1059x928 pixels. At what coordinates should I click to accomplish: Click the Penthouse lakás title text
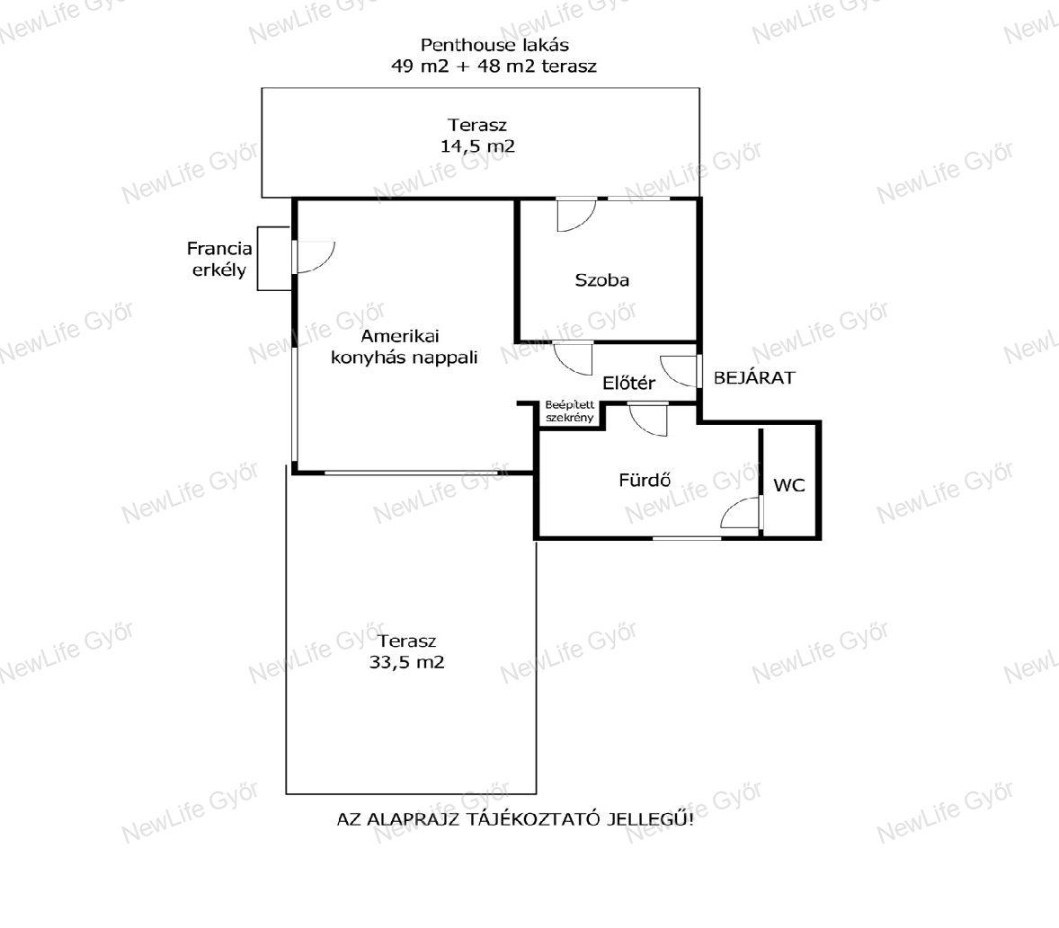tap(494, 45)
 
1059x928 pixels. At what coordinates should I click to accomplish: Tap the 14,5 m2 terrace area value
tap(477, 146)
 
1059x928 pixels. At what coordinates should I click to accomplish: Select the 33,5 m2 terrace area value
tap(406, 662)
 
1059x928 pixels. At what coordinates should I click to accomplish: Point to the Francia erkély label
tap(219, 259)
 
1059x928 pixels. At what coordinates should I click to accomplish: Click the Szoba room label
tap(601, 280)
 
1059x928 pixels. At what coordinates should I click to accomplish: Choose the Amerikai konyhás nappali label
tap(404, 346)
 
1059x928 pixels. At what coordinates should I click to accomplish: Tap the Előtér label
tap(628, 384)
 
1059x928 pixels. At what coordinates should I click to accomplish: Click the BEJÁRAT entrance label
tap(754, 378)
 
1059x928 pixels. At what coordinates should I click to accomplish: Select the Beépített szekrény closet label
tap(570, 411)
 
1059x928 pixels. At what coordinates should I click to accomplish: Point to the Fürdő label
tap(645, 480)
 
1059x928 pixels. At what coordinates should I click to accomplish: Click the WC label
tap(788, 485)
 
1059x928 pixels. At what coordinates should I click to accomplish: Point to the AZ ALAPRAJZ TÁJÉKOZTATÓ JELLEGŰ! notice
tap(515, 819)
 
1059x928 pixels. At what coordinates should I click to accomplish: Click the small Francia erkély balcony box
tap(274, 259)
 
